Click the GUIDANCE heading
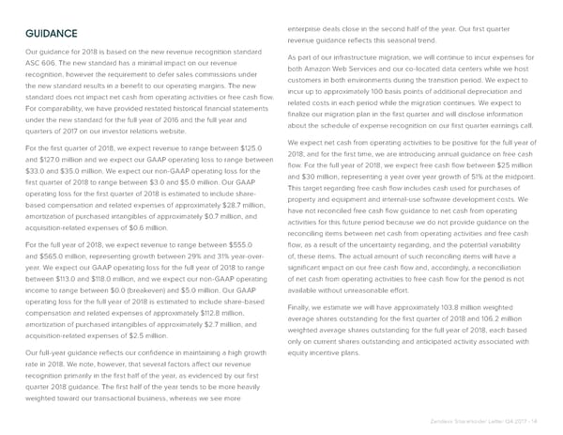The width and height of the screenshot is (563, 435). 53,35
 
